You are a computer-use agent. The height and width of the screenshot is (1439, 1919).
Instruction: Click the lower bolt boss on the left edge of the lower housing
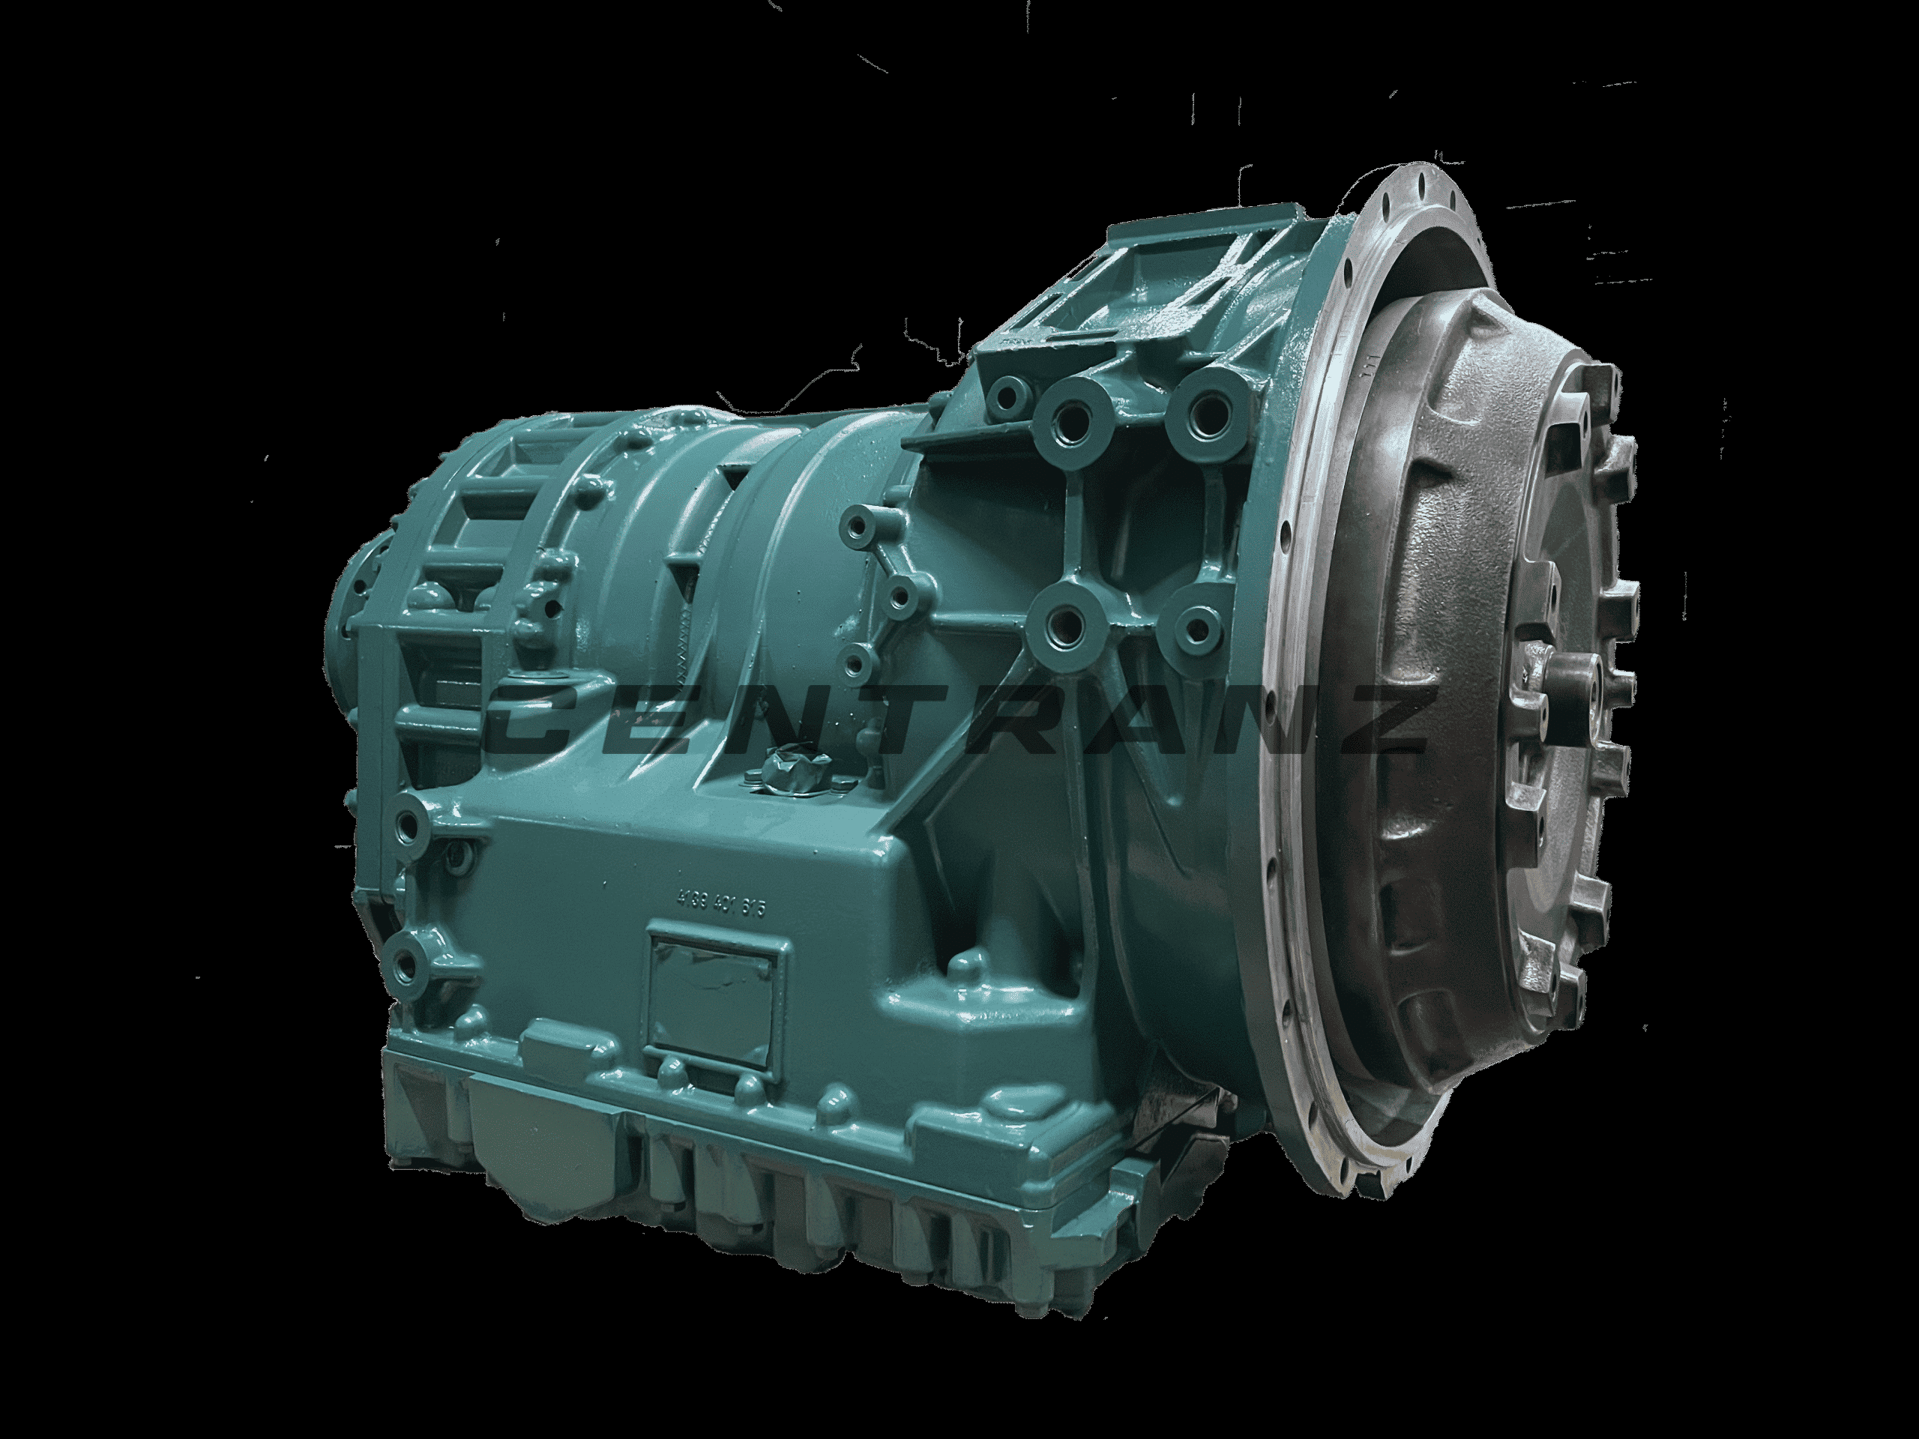point(409,959)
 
